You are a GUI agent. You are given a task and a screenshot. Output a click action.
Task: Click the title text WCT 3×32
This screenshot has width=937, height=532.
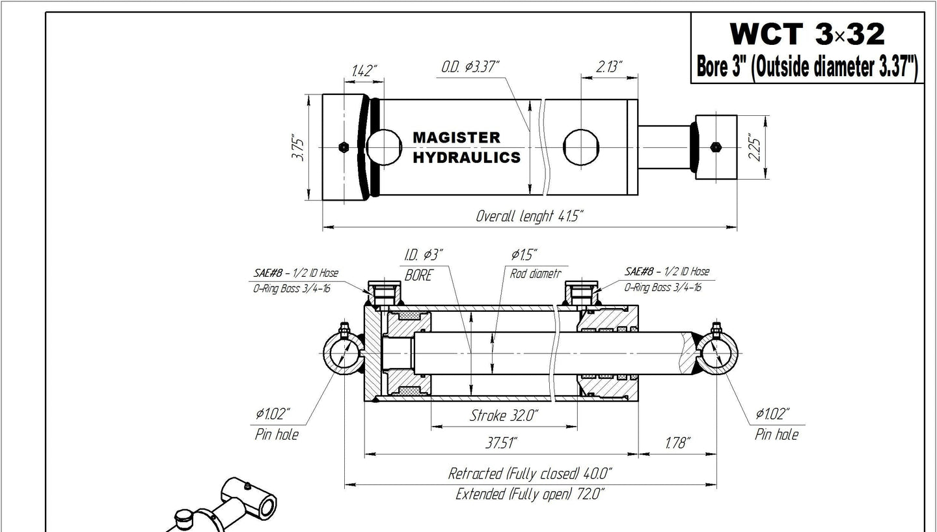click(x=808, y=34)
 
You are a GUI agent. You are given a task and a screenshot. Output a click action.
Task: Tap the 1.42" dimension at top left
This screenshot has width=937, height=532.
click(x=364, y=70)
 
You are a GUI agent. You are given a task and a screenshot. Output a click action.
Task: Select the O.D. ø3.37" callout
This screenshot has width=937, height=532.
click(x=470, y=66)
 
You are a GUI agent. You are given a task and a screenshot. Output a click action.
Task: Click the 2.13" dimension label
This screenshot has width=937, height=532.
click(x=609, y=66)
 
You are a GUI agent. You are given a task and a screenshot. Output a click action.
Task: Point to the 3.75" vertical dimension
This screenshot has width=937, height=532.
click(x=298, y=147)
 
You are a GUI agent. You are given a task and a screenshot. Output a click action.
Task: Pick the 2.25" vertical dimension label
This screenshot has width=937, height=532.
click(x=755, y=147)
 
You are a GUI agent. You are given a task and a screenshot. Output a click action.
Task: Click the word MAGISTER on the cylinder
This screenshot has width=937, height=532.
click(x=456, y=137)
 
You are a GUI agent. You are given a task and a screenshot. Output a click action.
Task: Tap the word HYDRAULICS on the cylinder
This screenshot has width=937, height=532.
click(x=467, y=158)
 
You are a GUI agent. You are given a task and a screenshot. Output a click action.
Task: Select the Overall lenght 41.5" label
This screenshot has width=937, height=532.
click(x=530, y=216)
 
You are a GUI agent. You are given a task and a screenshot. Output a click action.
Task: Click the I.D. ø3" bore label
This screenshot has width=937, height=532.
click(x=424, y=255)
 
